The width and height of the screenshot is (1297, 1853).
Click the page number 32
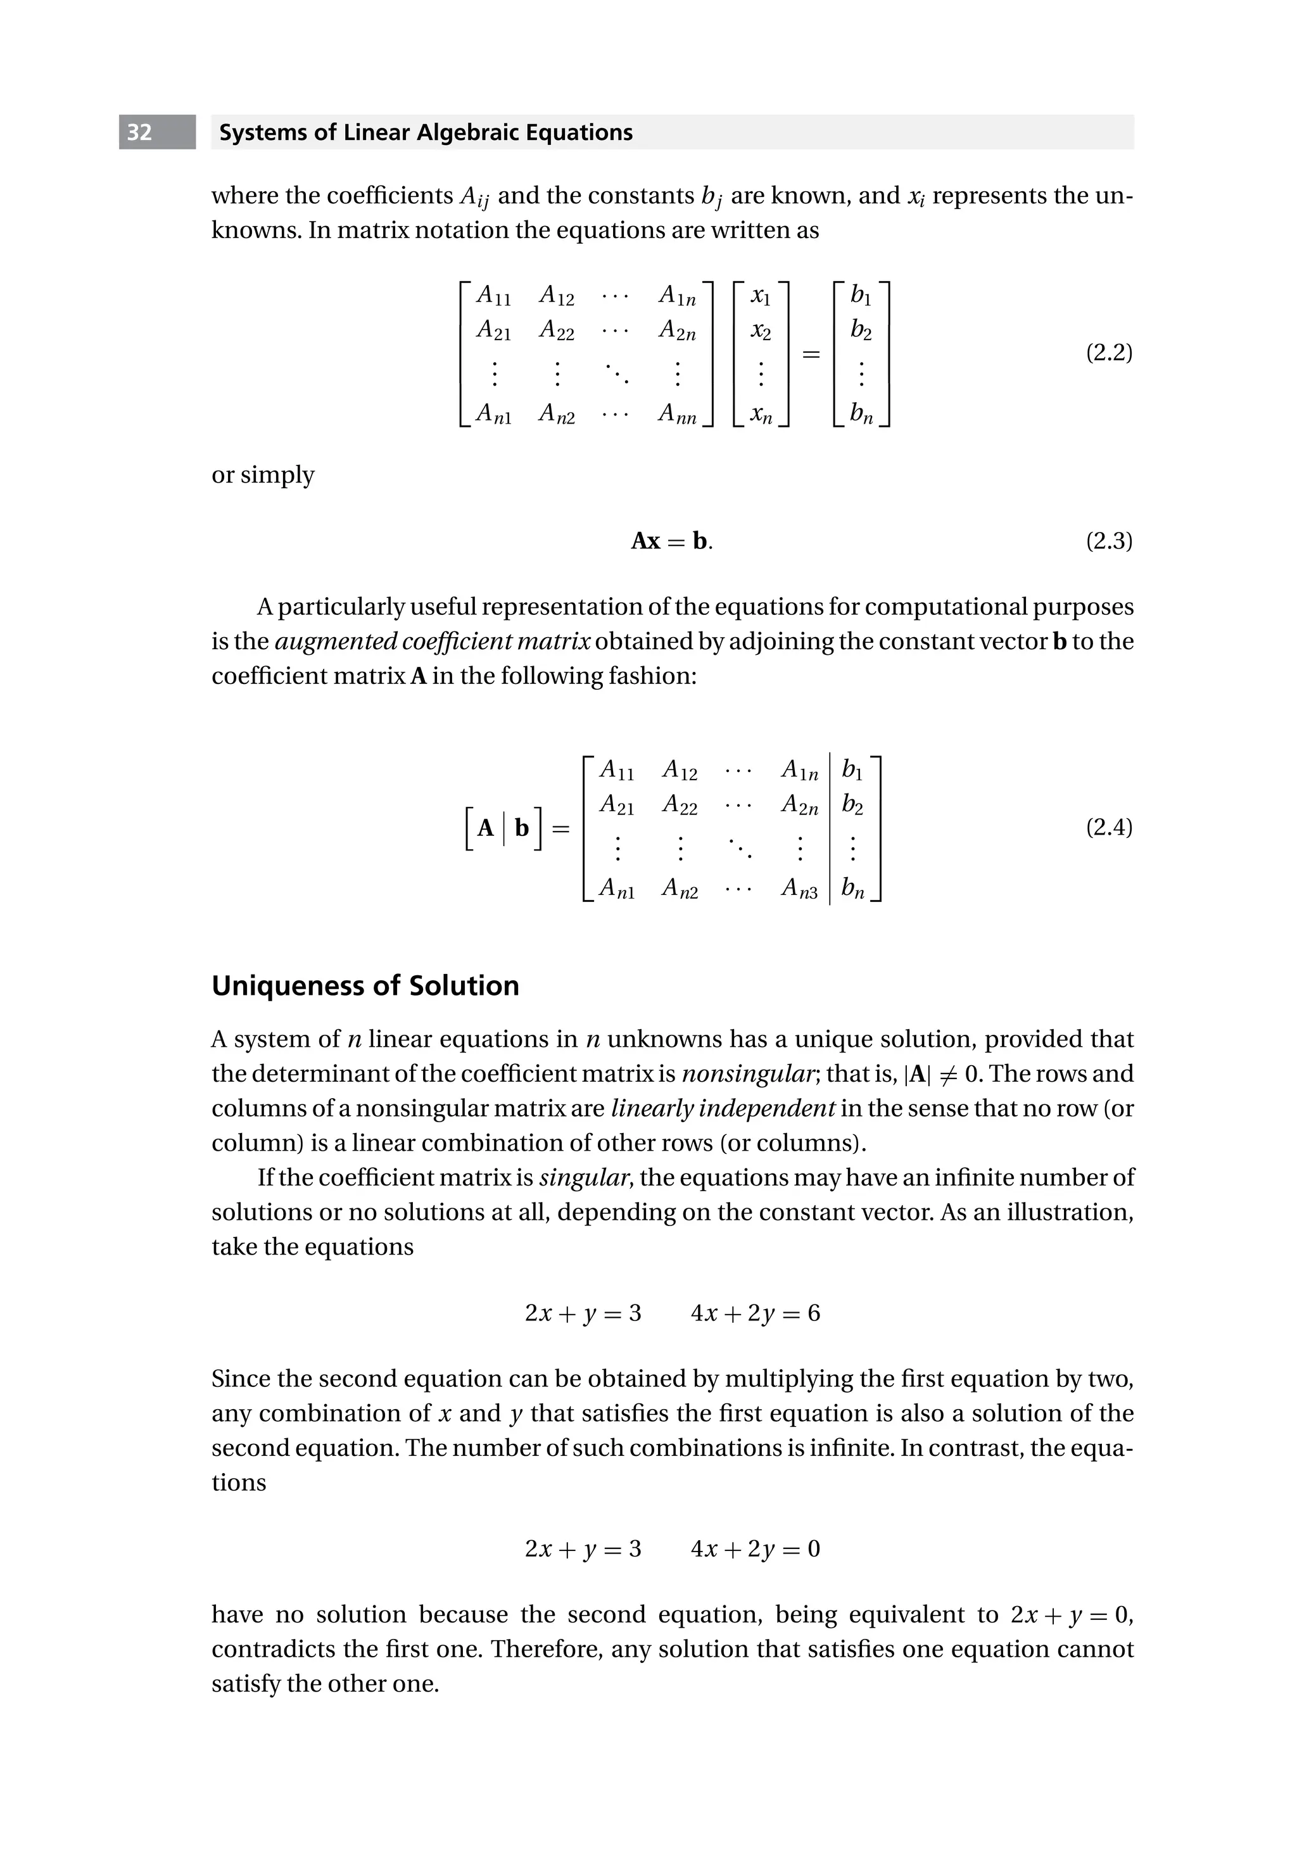click(139, 132)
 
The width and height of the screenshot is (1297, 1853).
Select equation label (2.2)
click(1108, 353)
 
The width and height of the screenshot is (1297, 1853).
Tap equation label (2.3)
click(1108, 541)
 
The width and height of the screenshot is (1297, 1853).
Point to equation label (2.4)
click(1108, 827)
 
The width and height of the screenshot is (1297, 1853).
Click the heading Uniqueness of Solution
click(365, 985)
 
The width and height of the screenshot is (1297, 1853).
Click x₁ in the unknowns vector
click(761, 297)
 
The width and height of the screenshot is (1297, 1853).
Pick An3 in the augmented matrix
click(799, 889)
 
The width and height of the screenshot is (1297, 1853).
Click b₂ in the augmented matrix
click(852, 805)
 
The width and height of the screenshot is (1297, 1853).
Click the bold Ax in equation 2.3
click(646, 541)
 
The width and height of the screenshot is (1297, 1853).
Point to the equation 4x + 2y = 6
click(755, 1313)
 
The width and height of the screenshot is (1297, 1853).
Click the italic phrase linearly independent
click(723, 1109)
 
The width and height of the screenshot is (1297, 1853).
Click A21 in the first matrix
click(493, 330)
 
